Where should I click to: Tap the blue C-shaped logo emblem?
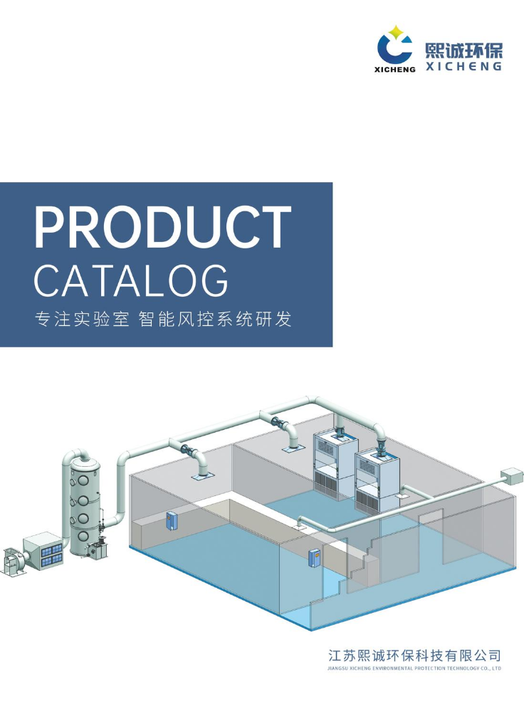tap(392, 50)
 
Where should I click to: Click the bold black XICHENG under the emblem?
tap(395, 70)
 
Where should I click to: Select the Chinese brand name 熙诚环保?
tap(463, 51)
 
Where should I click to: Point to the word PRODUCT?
tap(163, 227)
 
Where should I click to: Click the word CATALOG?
tap(131, 281)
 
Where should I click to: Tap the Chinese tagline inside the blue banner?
tap(163, 320)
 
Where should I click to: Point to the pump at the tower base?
tap(98, 548)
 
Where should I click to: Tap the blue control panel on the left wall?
tap(171, 520)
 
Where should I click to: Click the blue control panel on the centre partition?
tap(314, 558)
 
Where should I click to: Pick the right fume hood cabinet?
tap(377, 480)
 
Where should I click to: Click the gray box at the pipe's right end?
tap(512, 477)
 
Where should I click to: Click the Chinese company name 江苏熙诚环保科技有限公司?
tap(414, 655)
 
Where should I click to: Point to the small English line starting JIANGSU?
tap(414, 668)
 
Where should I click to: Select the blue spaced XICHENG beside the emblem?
tap(463, 67)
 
